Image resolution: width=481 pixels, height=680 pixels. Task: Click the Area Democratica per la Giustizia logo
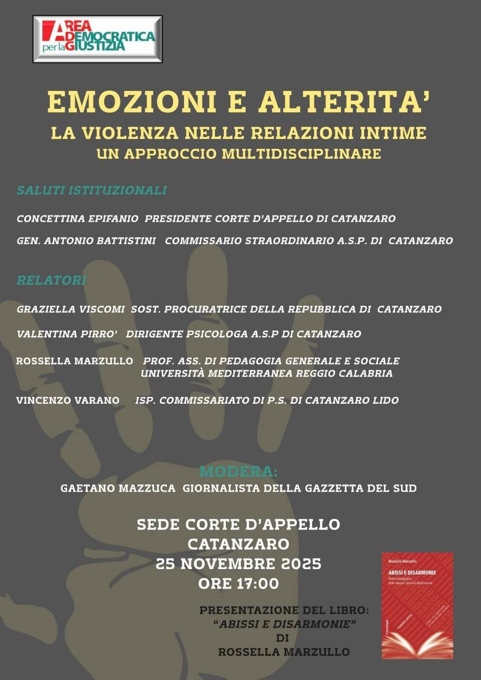pos(98,39)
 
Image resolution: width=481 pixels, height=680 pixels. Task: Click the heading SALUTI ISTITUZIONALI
pos(91,190)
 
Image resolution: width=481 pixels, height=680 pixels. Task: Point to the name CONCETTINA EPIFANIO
pos(77,219)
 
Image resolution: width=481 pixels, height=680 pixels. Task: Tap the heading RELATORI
pos(51,280)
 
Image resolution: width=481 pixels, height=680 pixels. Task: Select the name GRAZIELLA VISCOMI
pos(71,309)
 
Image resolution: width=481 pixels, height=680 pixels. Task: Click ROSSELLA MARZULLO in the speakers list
pos(74,361)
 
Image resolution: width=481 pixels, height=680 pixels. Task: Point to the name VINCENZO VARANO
pos(68,400)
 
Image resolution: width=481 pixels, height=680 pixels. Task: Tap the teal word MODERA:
pos(239,472)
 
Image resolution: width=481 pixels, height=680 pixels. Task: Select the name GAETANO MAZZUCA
pos(118,488)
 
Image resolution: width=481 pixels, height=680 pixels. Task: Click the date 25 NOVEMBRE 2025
pos(239,564)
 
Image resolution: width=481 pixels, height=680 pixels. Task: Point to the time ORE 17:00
pos(239,584)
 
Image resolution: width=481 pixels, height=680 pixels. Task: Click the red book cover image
pos(417,605)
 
